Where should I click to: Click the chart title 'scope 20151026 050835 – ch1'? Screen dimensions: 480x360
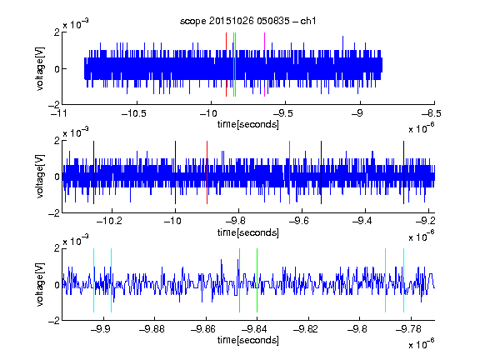[248, 21]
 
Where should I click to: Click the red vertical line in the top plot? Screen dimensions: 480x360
[226, 65]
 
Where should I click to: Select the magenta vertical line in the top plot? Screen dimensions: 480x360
[264, 65]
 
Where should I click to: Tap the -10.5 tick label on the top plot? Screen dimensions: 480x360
[134, 113]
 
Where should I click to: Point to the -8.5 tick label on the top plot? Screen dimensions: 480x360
[432, 113]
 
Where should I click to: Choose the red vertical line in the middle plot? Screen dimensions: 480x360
[207, 172]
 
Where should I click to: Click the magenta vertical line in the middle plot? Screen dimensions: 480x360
[290, 172]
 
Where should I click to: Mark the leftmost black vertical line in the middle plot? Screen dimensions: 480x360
[93, 172]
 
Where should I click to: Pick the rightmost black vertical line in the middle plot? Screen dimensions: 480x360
[403, 172]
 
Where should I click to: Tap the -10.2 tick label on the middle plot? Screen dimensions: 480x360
[109, 221]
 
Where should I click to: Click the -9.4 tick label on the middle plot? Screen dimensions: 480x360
[362, 221]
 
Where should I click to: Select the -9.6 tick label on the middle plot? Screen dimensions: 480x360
[299, 221]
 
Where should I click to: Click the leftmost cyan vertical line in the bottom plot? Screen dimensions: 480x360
[93, 280]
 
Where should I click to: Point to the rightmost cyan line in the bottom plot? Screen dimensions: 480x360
[403, 280]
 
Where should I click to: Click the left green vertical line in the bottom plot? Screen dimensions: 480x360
[239, 280]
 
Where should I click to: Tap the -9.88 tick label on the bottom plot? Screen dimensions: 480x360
[152, 329]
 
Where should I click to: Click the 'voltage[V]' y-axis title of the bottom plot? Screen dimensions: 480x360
[40, 284]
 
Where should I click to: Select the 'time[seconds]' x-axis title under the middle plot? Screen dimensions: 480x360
[248, 232]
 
